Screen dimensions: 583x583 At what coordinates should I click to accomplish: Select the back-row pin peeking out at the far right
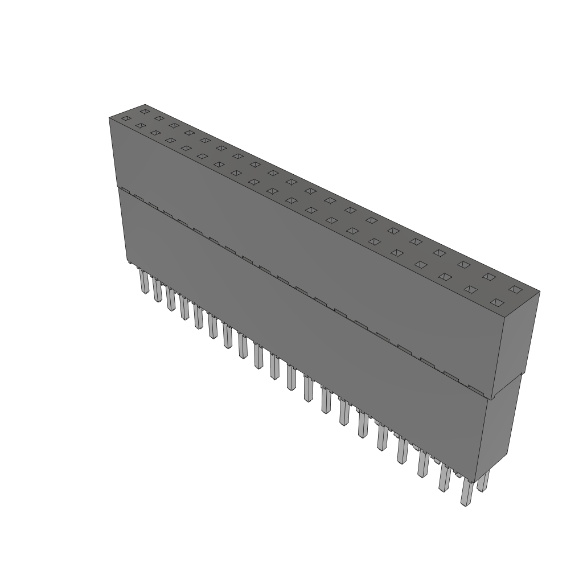(x=483, y=482)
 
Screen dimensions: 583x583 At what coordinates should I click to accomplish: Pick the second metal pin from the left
(x=157, y=290)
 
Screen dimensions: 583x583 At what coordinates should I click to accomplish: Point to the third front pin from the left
(x=170, y=299)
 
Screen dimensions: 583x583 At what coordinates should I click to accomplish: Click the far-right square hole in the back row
(x=515, y=290)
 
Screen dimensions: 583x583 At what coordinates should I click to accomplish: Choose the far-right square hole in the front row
(x=497, y=302)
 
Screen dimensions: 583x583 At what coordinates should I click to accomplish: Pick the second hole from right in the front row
(x=470, y=289)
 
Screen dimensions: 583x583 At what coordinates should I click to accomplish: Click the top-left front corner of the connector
(x=109, y=118)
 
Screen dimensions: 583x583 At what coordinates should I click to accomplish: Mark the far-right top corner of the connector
(x=539, y=292)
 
